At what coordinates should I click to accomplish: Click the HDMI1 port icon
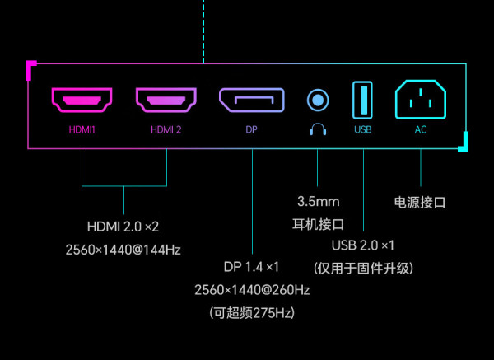[82, 101]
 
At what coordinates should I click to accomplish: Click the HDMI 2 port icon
[166, 101]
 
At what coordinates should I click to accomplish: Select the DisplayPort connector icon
[252, 101]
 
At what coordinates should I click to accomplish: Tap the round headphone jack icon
[318, 101]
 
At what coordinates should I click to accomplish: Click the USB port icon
[362, 101]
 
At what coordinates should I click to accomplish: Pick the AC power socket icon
[421, 100]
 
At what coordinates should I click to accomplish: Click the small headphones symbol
[318, 129]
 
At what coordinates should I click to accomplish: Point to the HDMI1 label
[82, 129]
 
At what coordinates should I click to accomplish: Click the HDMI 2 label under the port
[166, 129]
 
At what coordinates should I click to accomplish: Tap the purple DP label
[251, 129]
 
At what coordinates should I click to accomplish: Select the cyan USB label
[362, 129]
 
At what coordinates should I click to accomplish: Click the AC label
[421, 129]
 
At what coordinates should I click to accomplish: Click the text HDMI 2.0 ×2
[123, 227]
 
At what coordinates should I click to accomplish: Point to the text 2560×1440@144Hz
[123, 250]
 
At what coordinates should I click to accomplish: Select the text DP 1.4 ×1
[251, 267]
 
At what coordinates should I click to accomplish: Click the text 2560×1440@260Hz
[252, 290]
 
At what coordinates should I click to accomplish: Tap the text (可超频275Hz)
[252, 313]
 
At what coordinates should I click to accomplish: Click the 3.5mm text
[318, 202]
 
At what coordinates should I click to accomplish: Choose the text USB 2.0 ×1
[363, 245]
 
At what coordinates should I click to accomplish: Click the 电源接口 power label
[420, 202]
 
